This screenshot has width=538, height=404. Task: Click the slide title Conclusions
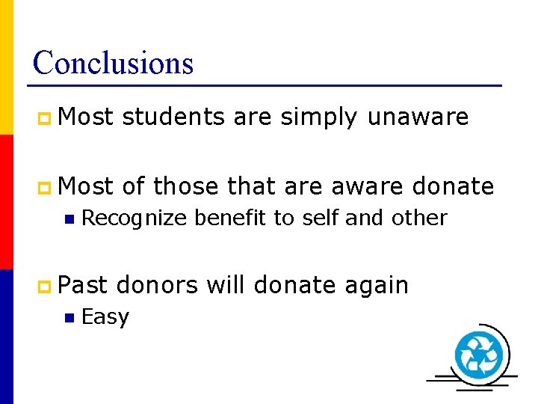pyautogui.click(x=113, y=63)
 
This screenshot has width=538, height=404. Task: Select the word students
pyautogui.click(x=173, y=117)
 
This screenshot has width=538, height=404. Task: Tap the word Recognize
pyautogui.click(x=134, y=218)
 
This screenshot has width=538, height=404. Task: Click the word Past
pyautogui.click(x=83, y=285)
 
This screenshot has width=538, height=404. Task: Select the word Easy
pyautogui.click(x=105, y=318)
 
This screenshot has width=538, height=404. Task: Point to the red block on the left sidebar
pyautogui.click(x=6, y=201)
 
